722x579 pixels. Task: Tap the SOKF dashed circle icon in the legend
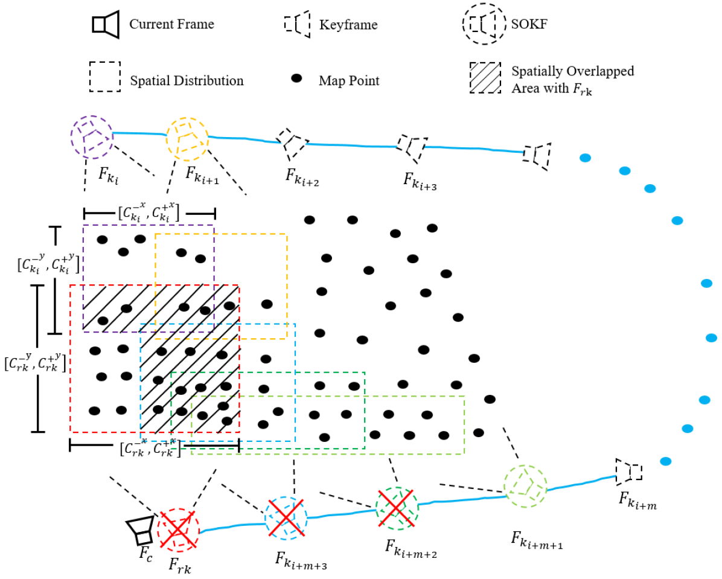(x=483, y=24)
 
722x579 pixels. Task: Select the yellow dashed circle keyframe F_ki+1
(x=187, y=138)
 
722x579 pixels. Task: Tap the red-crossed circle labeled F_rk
(x=178, y=530)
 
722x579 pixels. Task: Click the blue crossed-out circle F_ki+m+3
(x=286, y=517)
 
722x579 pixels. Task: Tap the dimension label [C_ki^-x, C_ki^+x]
(x=149, y=212)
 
